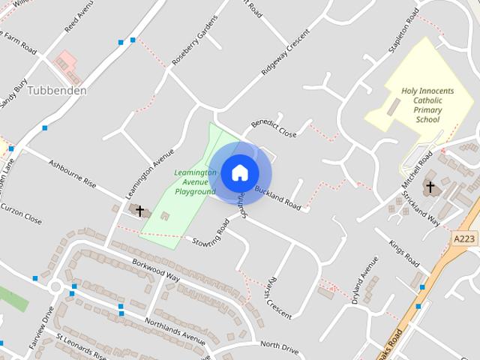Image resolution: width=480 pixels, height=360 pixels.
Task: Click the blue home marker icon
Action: point(239,172)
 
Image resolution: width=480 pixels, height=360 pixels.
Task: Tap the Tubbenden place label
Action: point(57,91)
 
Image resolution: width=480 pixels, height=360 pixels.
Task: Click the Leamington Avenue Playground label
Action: point(195,181)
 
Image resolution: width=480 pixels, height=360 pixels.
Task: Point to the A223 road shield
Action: point(465,238)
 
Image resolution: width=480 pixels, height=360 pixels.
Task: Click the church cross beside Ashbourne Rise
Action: point(139,211)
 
